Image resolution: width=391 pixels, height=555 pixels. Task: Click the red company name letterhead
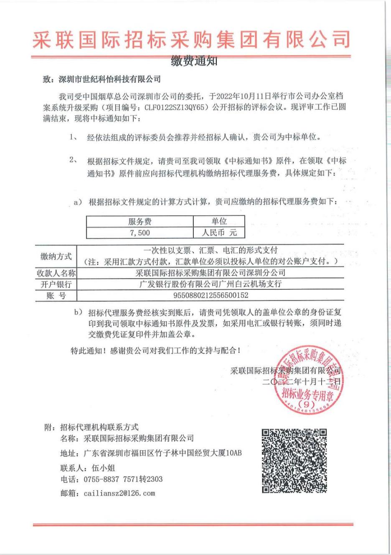[x=191, y=40]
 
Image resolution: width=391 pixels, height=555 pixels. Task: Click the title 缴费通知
[x=194, y=61]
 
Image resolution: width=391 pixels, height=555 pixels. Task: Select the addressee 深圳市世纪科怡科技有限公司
[x=110, y=79]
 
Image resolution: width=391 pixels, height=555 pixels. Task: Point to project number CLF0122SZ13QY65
[x=176, y=107]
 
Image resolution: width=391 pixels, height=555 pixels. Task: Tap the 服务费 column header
[x=140, y=221]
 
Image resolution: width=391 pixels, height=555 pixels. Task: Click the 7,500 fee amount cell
[x=140, y=233]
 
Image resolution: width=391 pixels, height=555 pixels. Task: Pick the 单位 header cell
[x=219, y=221]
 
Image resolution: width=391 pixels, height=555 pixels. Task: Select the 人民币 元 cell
[x=219, y=233]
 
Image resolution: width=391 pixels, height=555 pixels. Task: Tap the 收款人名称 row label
[x=56, y=273]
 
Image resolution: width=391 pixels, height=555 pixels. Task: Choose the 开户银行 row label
[x=56, y=284]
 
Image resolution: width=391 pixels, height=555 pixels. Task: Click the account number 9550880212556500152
[x=211, y=295]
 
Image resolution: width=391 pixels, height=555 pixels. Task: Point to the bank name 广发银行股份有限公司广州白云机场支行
[x=211, y=284]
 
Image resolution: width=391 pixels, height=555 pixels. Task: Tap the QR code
[x=294, y=460]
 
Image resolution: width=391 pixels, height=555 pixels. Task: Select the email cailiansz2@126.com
[x=119, y=493]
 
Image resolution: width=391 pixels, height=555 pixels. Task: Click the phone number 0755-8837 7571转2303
[x=123, y=479]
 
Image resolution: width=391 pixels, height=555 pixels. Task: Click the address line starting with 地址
[x=151, y=453]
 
